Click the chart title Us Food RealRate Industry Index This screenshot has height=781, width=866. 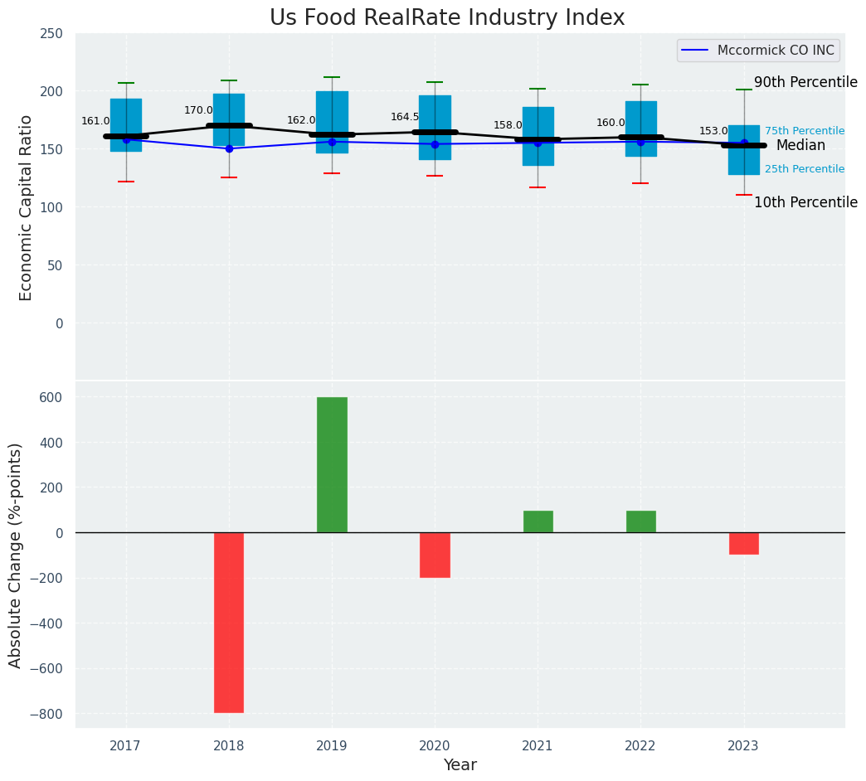pyautogui.click(x=447, y=18)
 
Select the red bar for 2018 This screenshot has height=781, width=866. pyautogui.click(x=229, y=622)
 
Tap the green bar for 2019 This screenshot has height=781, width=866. pyautogui.click(x=332, y=464)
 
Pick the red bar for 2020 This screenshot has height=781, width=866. pyautogui.click(x=435, y=555)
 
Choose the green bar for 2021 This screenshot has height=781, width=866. pyautogui.click(x=538, y=521)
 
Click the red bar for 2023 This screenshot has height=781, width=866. pyautogui.click(x=743, y=543)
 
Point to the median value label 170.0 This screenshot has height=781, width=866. pyautogui.click(x=198, y=110)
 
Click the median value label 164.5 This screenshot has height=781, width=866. pyautogui.click(x=406, y=117)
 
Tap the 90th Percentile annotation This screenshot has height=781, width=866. pyautogui.click(x=805, y=82)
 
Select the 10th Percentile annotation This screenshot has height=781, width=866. pyautogui.click(x=805, y=202)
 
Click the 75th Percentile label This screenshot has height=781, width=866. pyautogui.click(x=805, y=131)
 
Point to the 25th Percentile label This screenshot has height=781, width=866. pyautogui.click(x=805, y=169)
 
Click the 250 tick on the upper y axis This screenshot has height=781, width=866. pyautogui.click(x=51, y=33)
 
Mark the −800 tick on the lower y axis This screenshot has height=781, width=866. pyautogui.click(x=46, y=714)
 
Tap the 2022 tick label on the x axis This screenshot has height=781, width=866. pyautogui.click(x=640, y=746)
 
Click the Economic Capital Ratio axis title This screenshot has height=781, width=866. pyautogui.click(x=26, y=207)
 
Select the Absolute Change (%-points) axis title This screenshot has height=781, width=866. pyautogui.click(x=16, y=555)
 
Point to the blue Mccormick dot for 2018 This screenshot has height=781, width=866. pyautogui.click(x=229, y=148)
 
